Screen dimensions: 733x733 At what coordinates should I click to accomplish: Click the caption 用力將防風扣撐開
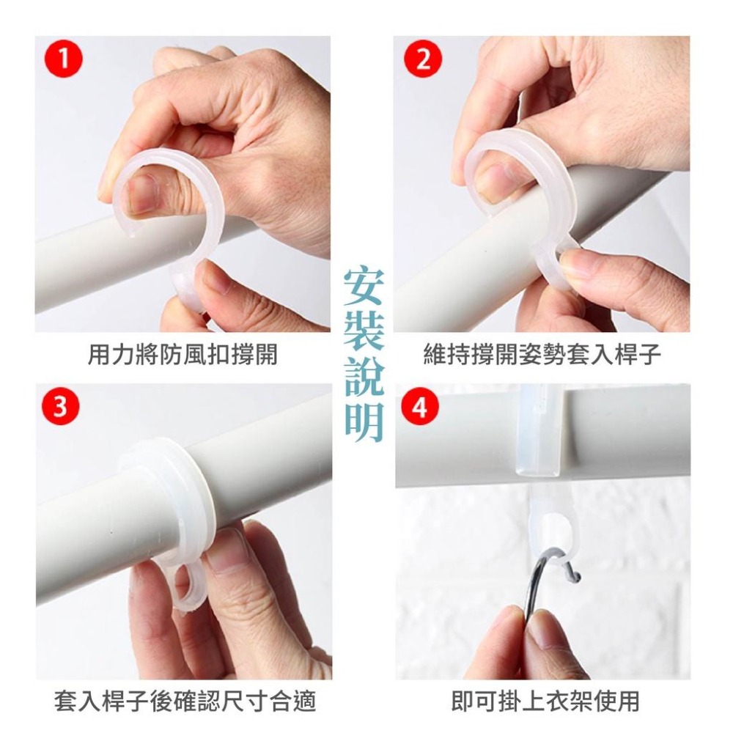click(x=183, y=356)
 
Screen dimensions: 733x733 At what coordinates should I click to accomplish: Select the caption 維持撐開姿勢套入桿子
click(x=542, y=356)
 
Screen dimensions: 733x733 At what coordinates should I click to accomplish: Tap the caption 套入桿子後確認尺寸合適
click(x=185, y=701)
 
